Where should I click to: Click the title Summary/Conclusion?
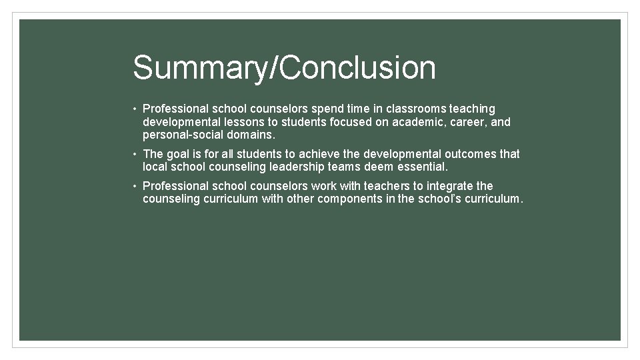pos(284,67)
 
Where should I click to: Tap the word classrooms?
pos(413,109)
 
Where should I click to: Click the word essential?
pos(423,167)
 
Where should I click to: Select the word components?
pos(349,199)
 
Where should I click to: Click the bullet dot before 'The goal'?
pos(135,154)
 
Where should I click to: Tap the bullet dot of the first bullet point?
pos(135,109)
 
